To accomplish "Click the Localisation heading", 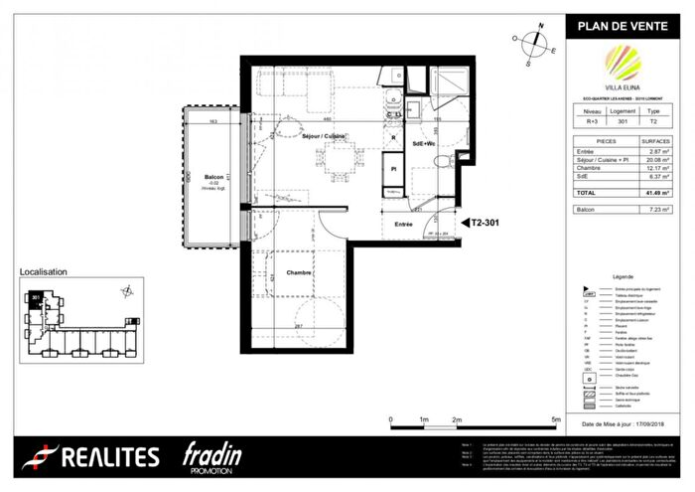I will pos(44,271).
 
